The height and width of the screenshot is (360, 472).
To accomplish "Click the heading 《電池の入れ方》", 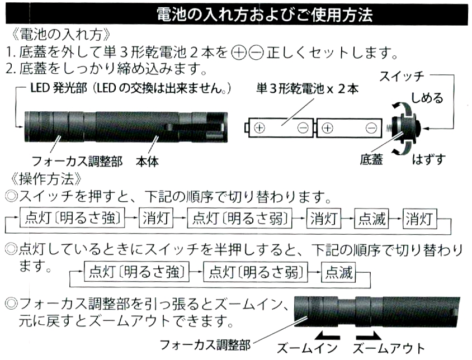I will pos(53,32).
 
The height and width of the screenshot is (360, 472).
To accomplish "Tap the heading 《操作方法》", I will pos(48,179).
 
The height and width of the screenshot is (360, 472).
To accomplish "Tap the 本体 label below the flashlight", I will pos(147,162).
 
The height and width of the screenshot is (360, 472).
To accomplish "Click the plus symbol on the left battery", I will pos(259,128).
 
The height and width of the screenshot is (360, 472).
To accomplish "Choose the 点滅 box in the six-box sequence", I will pos(371,218).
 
